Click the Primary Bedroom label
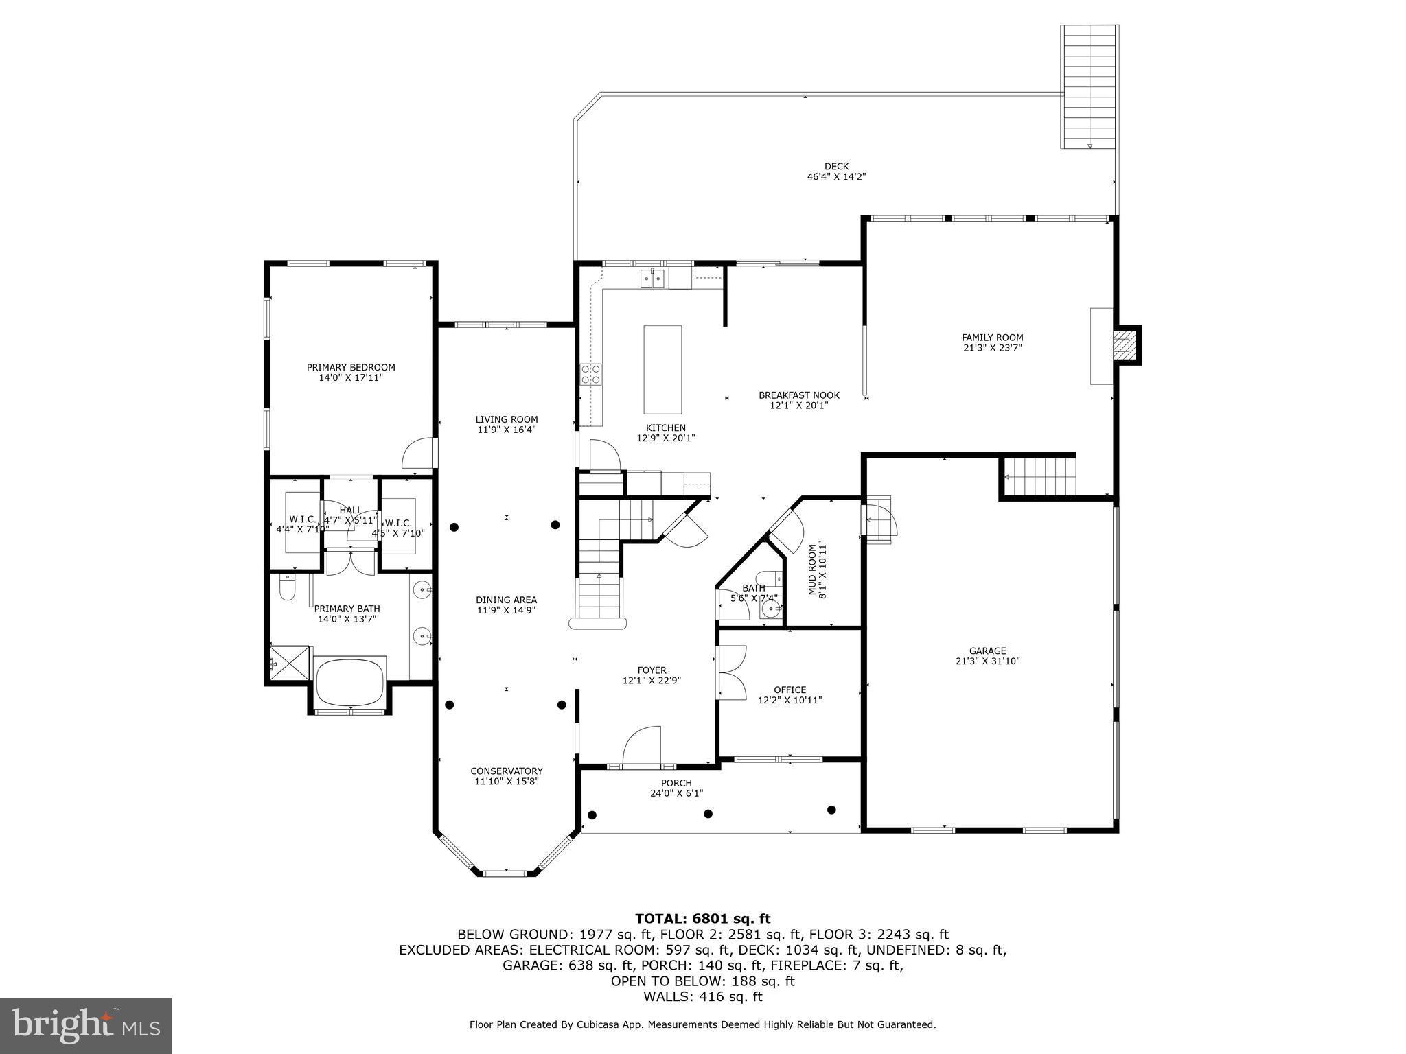[351, 367]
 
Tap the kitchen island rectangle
[662, 369]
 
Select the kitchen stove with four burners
[590, 374]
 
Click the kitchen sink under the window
[652, 278]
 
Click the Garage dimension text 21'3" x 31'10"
[987, 661]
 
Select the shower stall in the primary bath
[289, 663]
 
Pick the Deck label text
[836, 166]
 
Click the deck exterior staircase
[1089, 86]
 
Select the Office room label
[790, 690]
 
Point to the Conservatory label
[506, 771]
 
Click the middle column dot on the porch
[708, 814]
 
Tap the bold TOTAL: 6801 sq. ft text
[702, 919]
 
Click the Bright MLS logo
[86, 1026]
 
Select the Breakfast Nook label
[798, 395]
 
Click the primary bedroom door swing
[418, 454]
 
